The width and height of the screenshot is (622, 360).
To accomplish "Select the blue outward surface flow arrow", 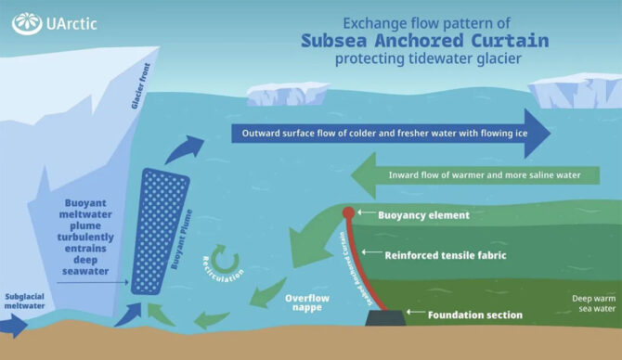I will coord(390,133).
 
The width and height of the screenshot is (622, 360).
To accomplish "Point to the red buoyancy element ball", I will coord(348,213).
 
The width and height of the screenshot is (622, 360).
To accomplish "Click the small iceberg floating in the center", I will coord(287,93).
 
